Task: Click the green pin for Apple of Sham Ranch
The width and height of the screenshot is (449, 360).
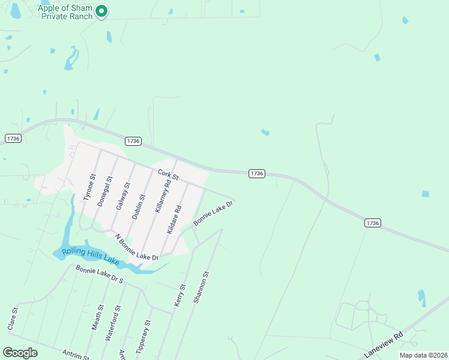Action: [x=102, y=11]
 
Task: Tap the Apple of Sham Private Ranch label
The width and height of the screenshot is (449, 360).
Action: [x=65, y=12]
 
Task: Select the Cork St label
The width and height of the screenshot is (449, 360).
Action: [x=169, y=175]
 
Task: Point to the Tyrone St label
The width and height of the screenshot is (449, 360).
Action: [x=89, y=187]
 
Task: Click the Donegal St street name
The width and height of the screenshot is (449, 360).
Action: [x=104, y=191]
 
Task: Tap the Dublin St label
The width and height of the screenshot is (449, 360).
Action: [x=139, y=206]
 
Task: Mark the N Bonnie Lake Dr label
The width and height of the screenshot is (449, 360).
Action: [x=136, y=247]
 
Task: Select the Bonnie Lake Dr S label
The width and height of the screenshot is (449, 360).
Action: [x=99, y=275]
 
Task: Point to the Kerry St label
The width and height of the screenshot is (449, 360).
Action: [x=178, y=296]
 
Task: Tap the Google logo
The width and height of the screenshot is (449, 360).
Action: [x=20, y=353]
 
